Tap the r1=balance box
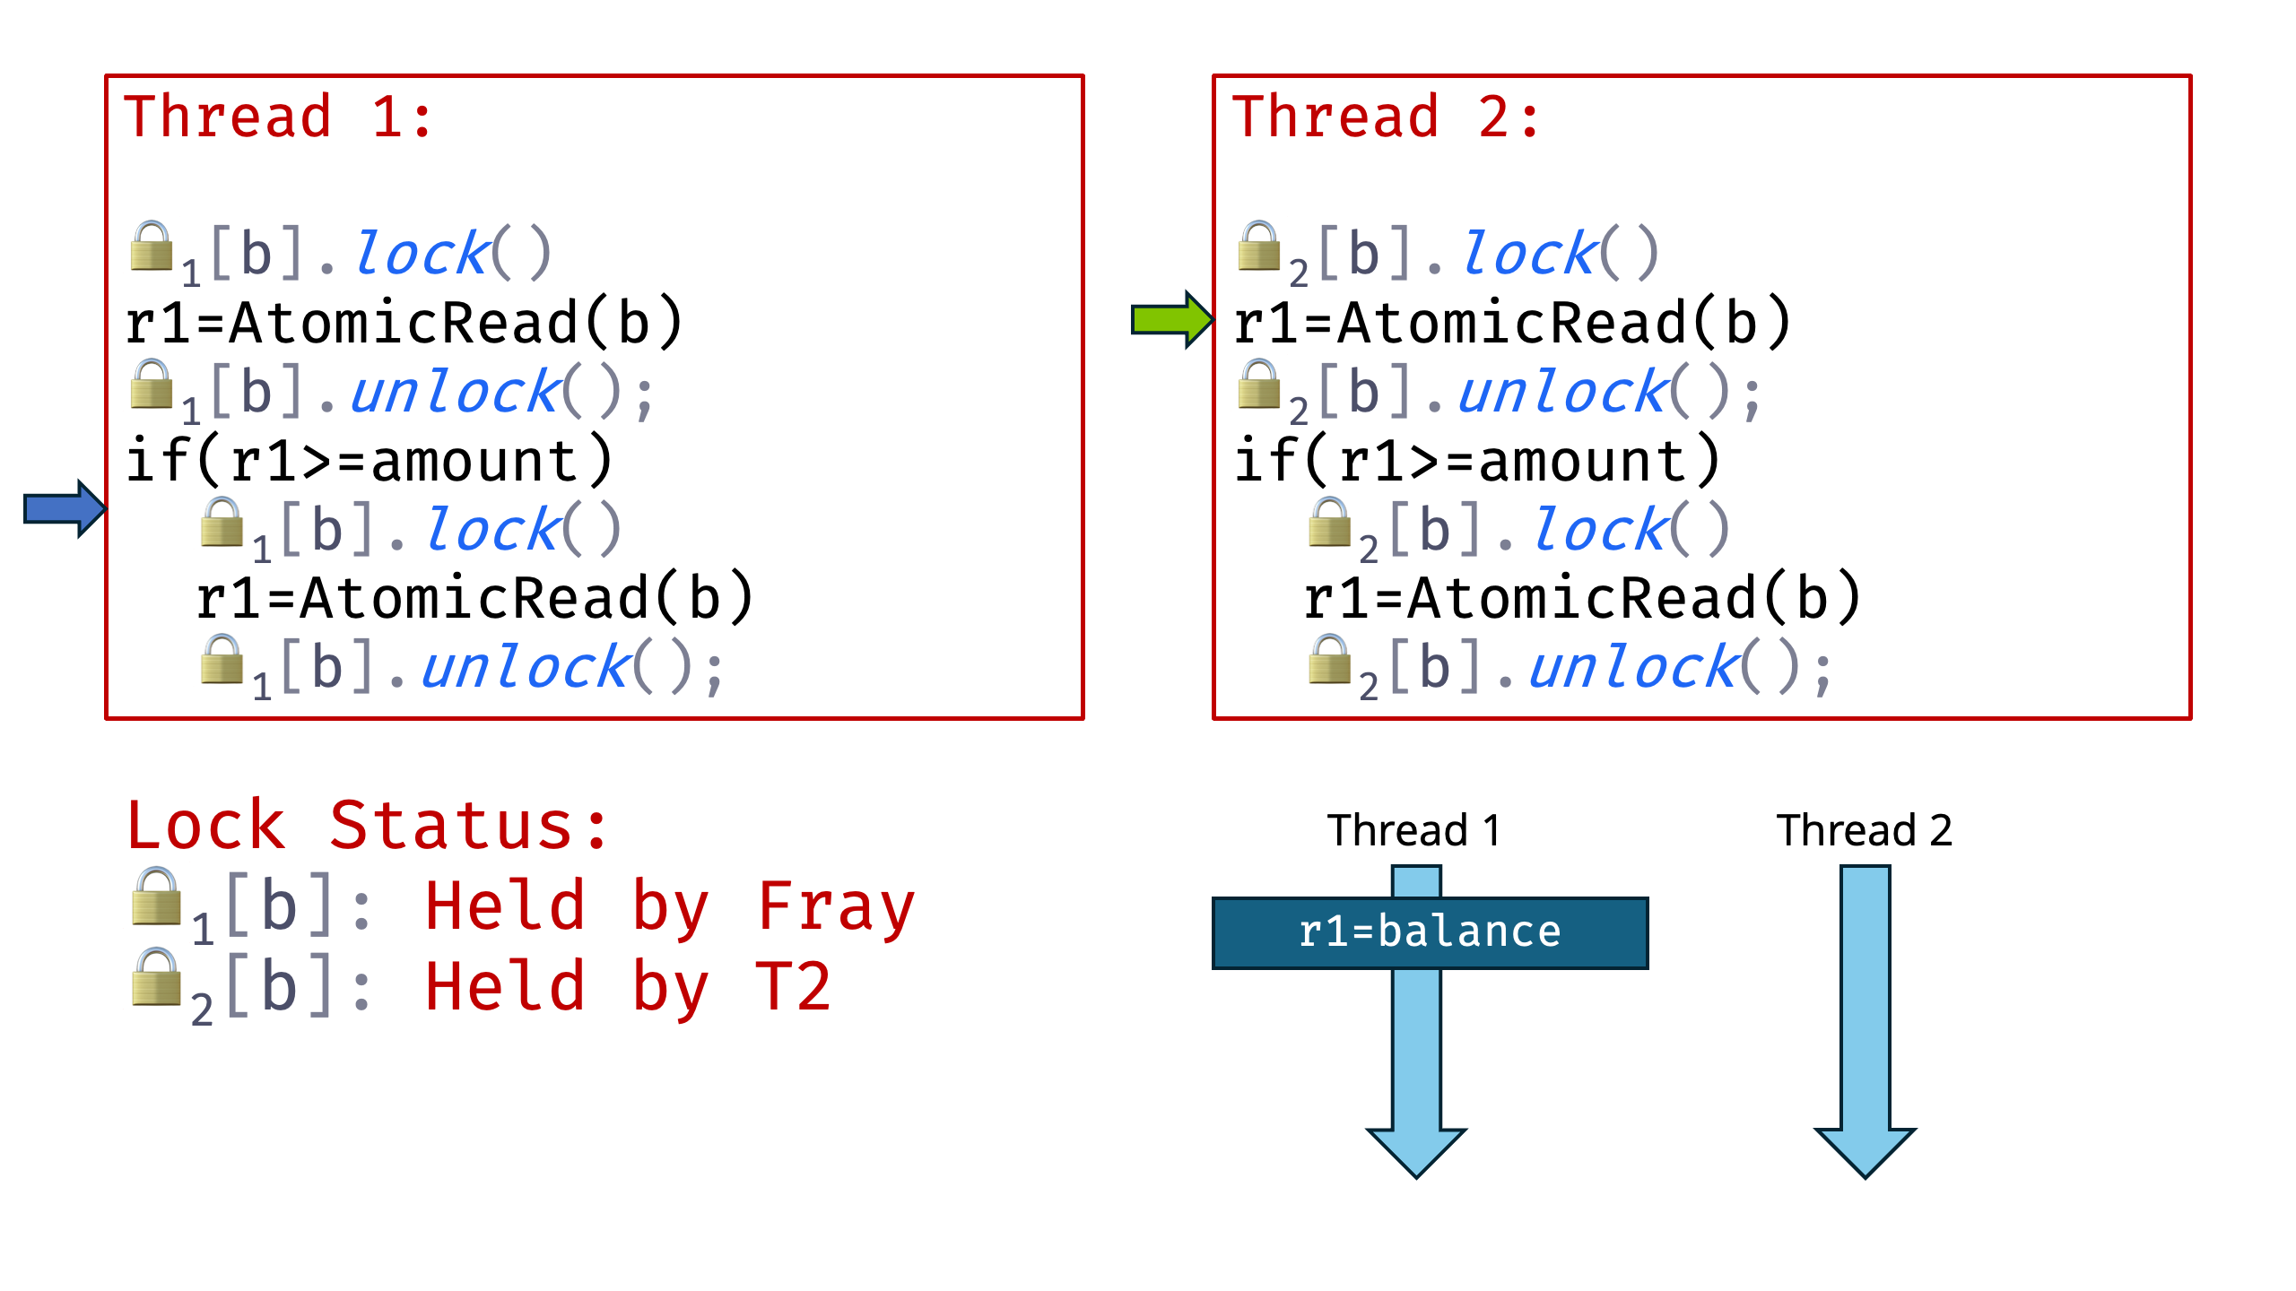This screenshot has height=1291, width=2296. click(x=1430, y=932)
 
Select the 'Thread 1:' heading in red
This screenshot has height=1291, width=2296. click(x=278, y=117)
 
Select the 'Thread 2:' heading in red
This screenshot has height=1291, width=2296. click(x=1386, y=117)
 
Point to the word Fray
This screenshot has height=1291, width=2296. click(x=836, y=906)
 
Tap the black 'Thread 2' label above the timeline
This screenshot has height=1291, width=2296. click(x=1864, y=830)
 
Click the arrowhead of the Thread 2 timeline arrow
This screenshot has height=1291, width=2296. click(x=1865, y=1151)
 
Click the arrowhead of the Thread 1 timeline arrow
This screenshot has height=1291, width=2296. click(x=1416, y=1151)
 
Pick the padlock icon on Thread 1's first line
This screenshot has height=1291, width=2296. click(x=152, y=246)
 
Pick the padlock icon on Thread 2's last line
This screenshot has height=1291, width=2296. click(x=1329, y=660)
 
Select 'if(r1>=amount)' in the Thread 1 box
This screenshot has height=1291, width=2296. click(x=370, y=461)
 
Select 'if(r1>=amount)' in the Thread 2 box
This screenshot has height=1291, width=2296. click(x=1477, y=461)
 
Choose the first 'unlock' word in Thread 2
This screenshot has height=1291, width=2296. click(x=1561, y=393)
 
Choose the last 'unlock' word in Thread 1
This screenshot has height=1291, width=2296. click(x=526, y=668)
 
